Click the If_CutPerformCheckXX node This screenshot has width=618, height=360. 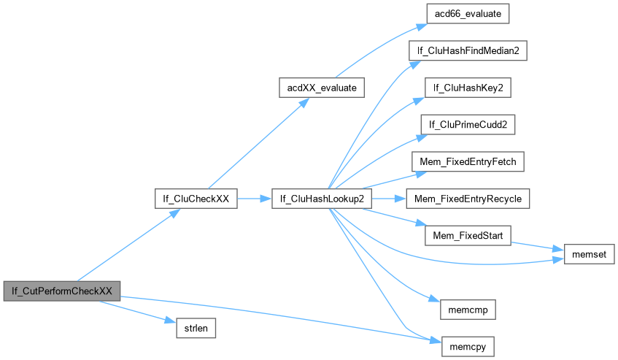click(61, 290)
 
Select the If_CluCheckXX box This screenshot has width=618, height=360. click(196, 199)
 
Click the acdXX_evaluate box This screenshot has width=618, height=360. click(322, 88)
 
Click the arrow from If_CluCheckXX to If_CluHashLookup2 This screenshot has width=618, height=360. click(255, 199)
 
